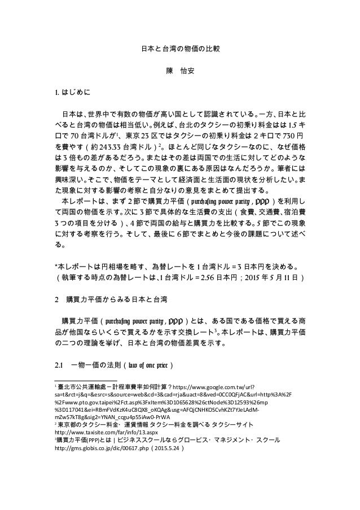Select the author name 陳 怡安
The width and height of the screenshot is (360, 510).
179,72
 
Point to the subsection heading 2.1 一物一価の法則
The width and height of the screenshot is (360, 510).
113,363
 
